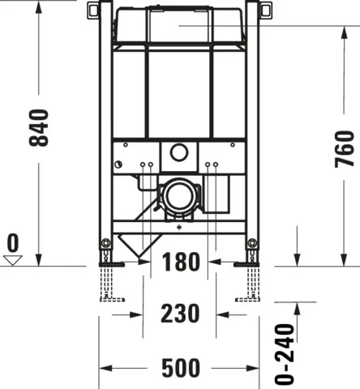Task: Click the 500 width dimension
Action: (179, 370)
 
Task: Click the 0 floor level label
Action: (12, 242)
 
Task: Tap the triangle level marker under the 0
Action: (12, 259)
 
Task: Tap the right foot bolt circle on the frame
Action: (253, 244)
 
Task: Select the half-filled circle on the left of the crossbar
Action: (118, 165)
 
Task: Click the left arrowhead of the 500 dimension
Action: (104, 370)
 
